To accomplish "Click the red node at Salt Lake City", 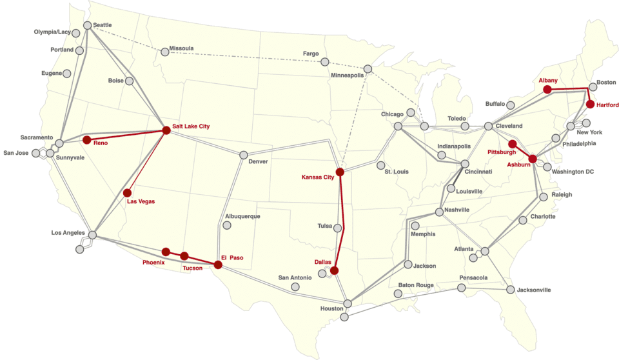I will tap(166, 130).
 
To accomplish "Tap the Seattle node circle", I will tap(88, 25).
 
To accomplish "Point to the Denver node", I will tap(244, 155).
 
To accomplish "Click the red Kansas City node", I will tap(340, 172).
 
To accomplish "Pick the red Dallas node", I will tap(334, 271).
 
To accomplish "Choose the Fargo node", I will tap(325, 62).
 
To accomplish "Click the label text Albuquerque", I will tap(242, 217).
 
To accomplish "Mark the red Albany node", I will tap(547, 90).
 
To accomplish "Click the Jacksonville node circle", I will tap(511, 290).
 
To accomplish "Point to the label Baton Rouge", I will tap(415, 285).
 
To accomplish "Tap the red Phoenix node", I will tap(166, 252).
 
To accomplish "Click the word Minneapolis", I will tap(348, 75).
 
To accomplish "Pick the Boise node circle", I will tap(130, 81).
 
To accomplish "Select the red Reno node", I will tap(86, 139).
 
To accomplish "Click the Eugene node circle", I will tap(67, 74).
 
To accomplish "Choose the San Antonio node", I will tap(295, 286).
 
